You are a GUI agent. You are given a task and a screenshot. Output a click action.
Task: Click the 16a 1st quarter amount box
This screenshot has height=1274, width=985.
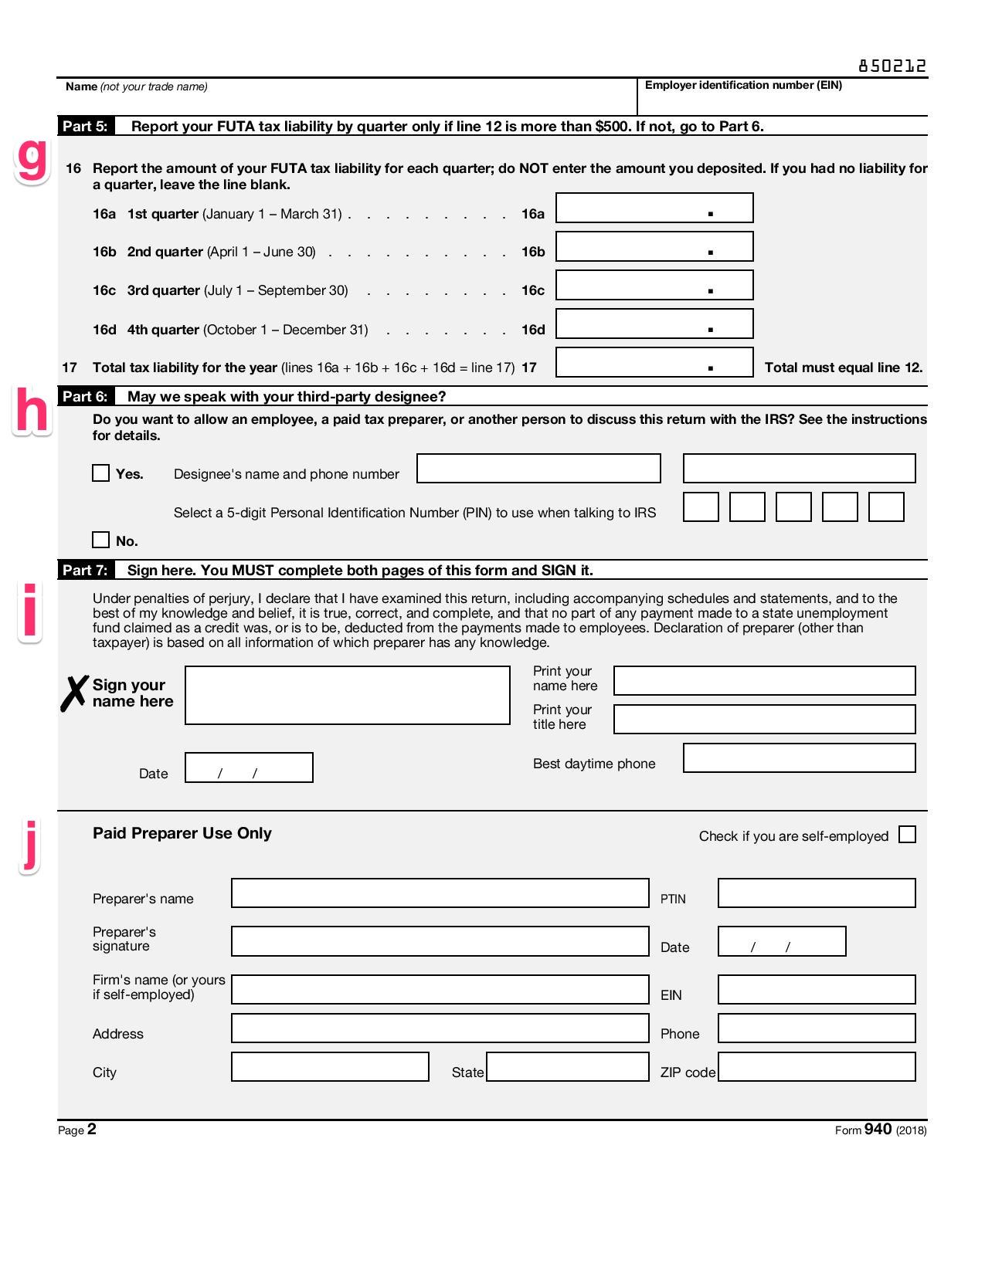[x=654, y=208]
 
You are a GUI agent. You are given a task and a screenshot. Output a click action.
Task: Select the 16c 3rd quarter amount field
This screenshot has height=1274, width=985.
[x=654, y=285]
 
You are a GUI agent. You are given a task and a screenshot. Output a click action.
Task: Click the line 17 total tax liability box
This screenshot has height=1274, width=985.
[x=654, y=362]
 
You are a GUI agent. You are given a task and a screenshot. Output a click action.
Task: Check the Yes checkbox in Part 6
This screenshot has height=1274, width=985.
[x=100, y=473]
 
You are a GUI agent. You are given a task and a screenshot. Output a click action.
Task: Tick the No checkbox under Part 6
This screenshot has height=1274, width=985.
[x=100, y=540]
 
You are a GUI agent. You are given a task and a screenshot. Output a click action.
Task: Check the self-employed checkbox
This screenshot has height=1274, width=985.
[x=908, y=835]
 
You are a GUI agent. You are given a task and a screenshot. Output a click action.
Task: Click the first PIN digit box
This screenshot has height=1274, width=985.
[x=701, y=507]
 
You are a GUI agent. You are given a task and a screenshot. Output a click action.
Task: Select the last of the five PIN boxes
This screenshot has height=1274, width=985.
[x=886, y=507]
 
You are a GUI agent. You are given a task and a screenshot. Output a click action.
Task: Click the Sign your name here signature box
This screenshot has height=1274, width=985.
[x=347, y=695]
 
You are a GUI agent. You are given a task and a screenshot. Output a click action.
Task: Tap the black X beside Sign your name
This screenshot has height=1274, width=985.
[x=74, y=693]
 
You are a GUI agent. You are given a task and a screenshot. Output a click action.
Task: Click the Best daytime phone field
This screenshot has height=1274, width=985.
[x=799, y=757]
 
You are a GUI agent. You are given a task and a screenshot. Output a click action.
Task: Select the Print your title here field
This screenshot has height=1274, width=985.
[x=764, y=719]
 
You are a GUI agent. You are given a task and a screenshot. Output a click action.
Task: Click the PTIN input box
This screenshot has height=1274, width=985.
[x=817, y=893]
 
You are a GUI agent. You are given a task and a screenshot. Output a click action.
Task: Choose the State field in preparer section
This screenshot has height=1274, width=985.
[x=567, y=1067]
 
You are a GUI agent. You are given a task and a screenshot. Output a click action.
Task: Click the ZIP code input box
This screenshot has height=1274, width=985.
[x=817, y=1067]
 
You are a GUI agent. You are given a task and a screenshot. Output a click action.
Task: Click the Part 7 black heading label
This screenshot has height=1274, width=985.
[x=85, y=570]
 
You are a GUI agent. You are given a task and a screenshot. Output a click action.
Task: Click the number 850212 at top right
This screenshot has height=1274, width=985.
[x=892, y=66]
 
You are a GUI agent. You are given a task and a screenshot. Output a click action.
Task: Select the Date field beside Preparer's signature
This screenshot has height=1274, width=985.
[x=782, y=941]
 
